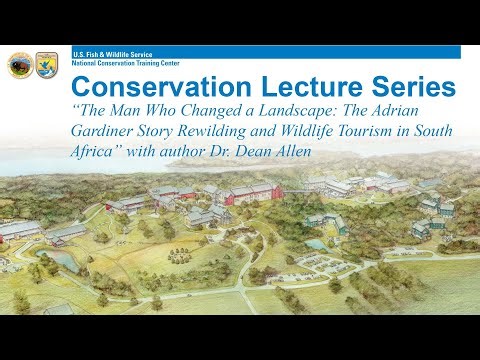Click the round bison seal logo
pos(19,65)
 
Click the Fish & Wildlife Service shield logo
pos(46,65)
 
